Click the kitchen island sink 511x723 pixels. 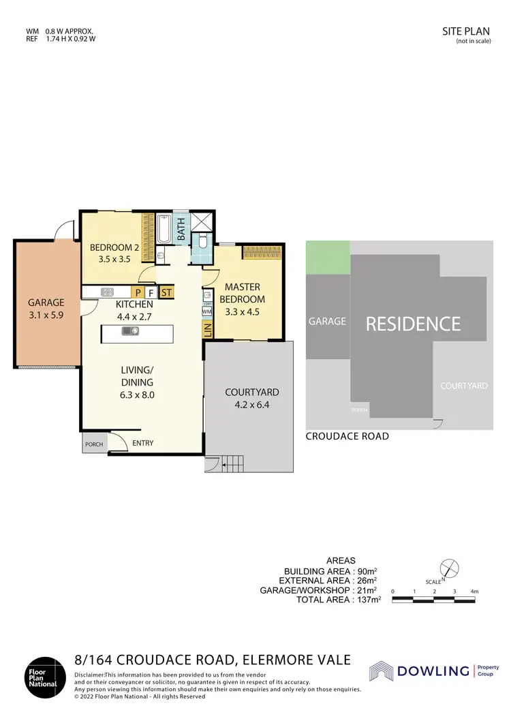click(x=129, y=332)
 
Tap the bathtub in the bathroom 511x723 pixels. click(x=165, y=230)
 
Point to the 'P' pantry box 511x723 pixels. click(x=138, y=293)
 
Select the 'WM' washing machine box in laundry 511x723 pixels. click(x=207, y=311)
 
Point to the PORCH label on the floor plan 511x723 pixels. click(x=93, y=444)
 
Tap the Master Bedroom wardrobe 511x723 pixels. click(x=262, y=252)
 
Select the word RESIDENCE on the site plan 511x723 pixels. click(x=413, y=324)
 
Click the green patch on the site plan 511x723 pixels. click(x=328, y=258)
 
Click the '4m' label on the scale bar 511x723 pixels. click(x=475, y=591)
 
